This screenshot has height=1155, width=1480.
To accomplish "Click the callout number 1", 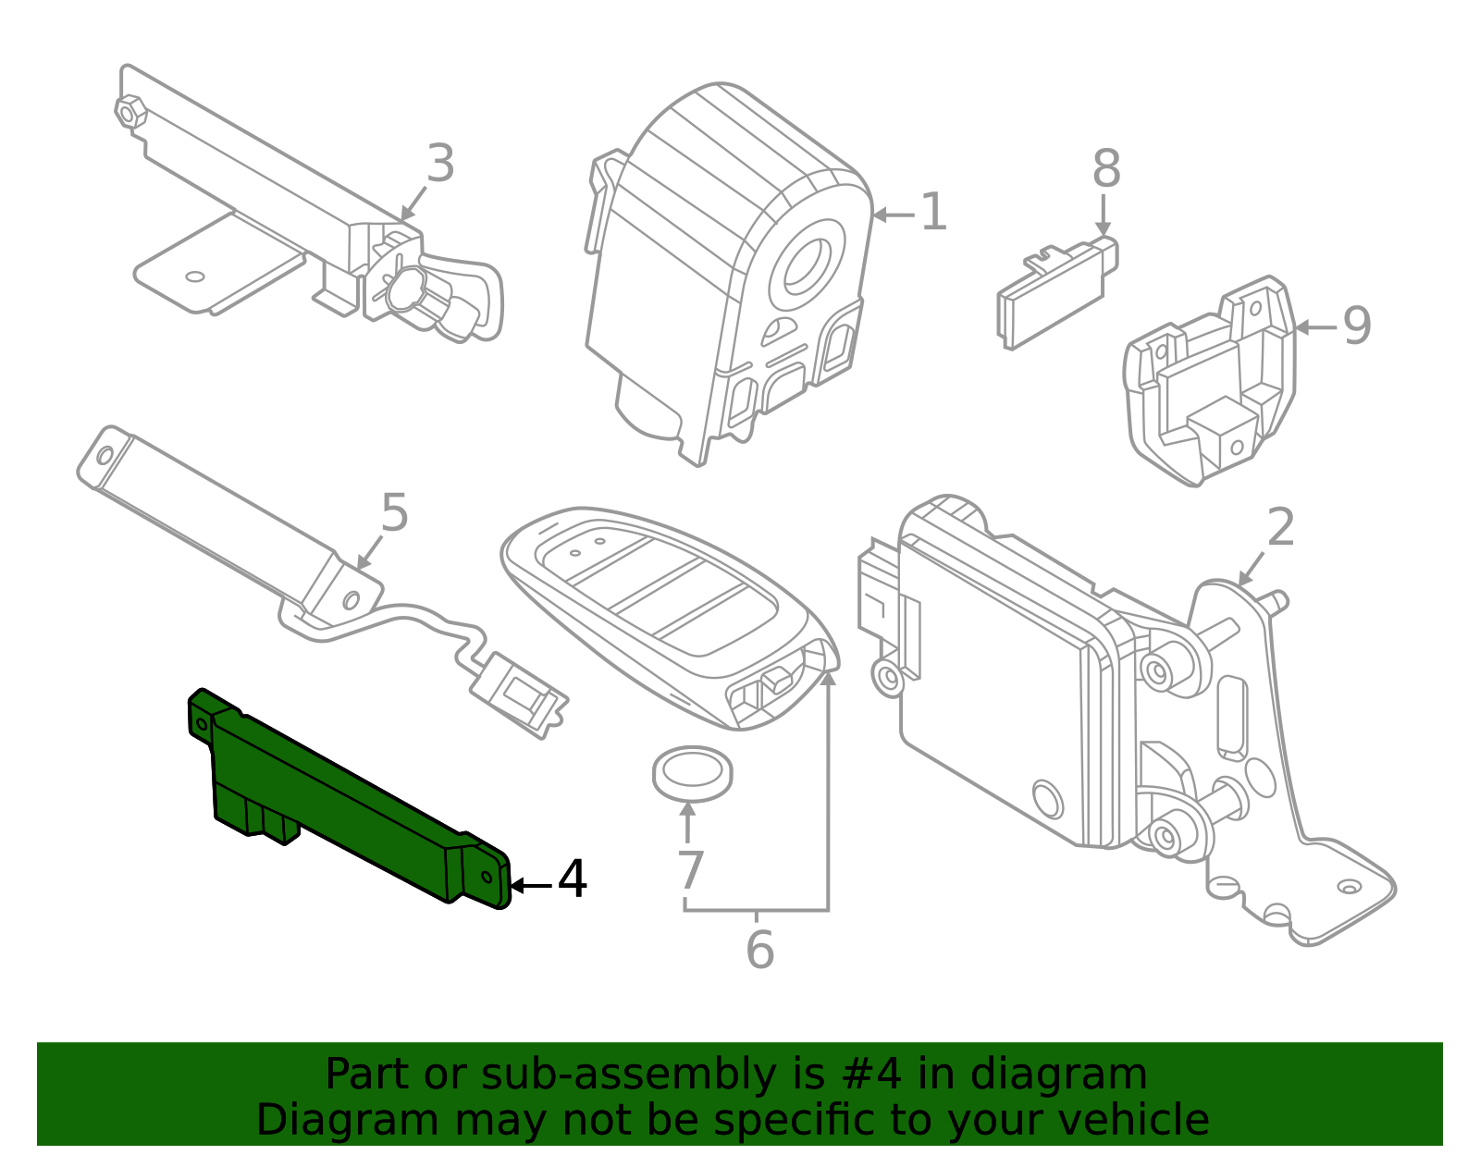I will coord(933,213).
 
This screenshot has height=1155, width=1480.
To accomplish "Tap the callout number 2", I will coord(1280,528).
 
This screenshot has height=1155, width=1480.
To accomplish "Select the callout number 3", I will coord(440,165).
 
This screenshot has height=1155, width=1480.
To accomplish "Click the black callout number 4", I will coord(573,879).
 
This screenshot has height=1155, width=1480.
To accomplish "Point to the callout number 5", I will coord(394,512).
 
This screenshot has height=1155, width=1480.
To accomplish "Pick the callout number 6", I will coord(759,951).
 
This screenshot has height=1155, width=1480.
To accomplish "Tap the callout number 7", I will coord(690,870).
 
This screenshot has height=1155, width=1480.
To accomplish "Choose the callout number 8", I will coord(1105,169).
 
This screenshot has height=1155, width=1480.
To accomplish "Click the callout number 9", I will coord(1357,326).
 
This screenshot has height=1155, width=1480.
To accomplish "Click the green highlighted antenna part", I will coord(342,795).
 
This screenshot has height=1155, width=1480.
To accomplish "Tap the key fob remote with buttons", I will coord(666,610).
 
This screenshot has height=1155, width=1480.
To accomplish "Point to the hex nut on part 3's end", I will coord(129,111).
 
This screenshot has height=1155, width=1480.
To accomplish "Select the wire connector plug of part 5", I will coord(518,694).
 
